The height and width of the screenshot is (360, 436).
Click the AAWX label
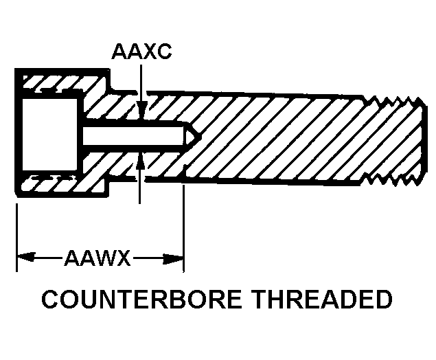(x=97, y=259)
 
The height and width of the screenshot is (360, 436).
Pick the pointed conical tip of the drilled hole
(x=193, y=137)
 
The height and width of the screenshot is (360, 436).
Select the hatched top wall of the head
(x=62, y=83)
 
